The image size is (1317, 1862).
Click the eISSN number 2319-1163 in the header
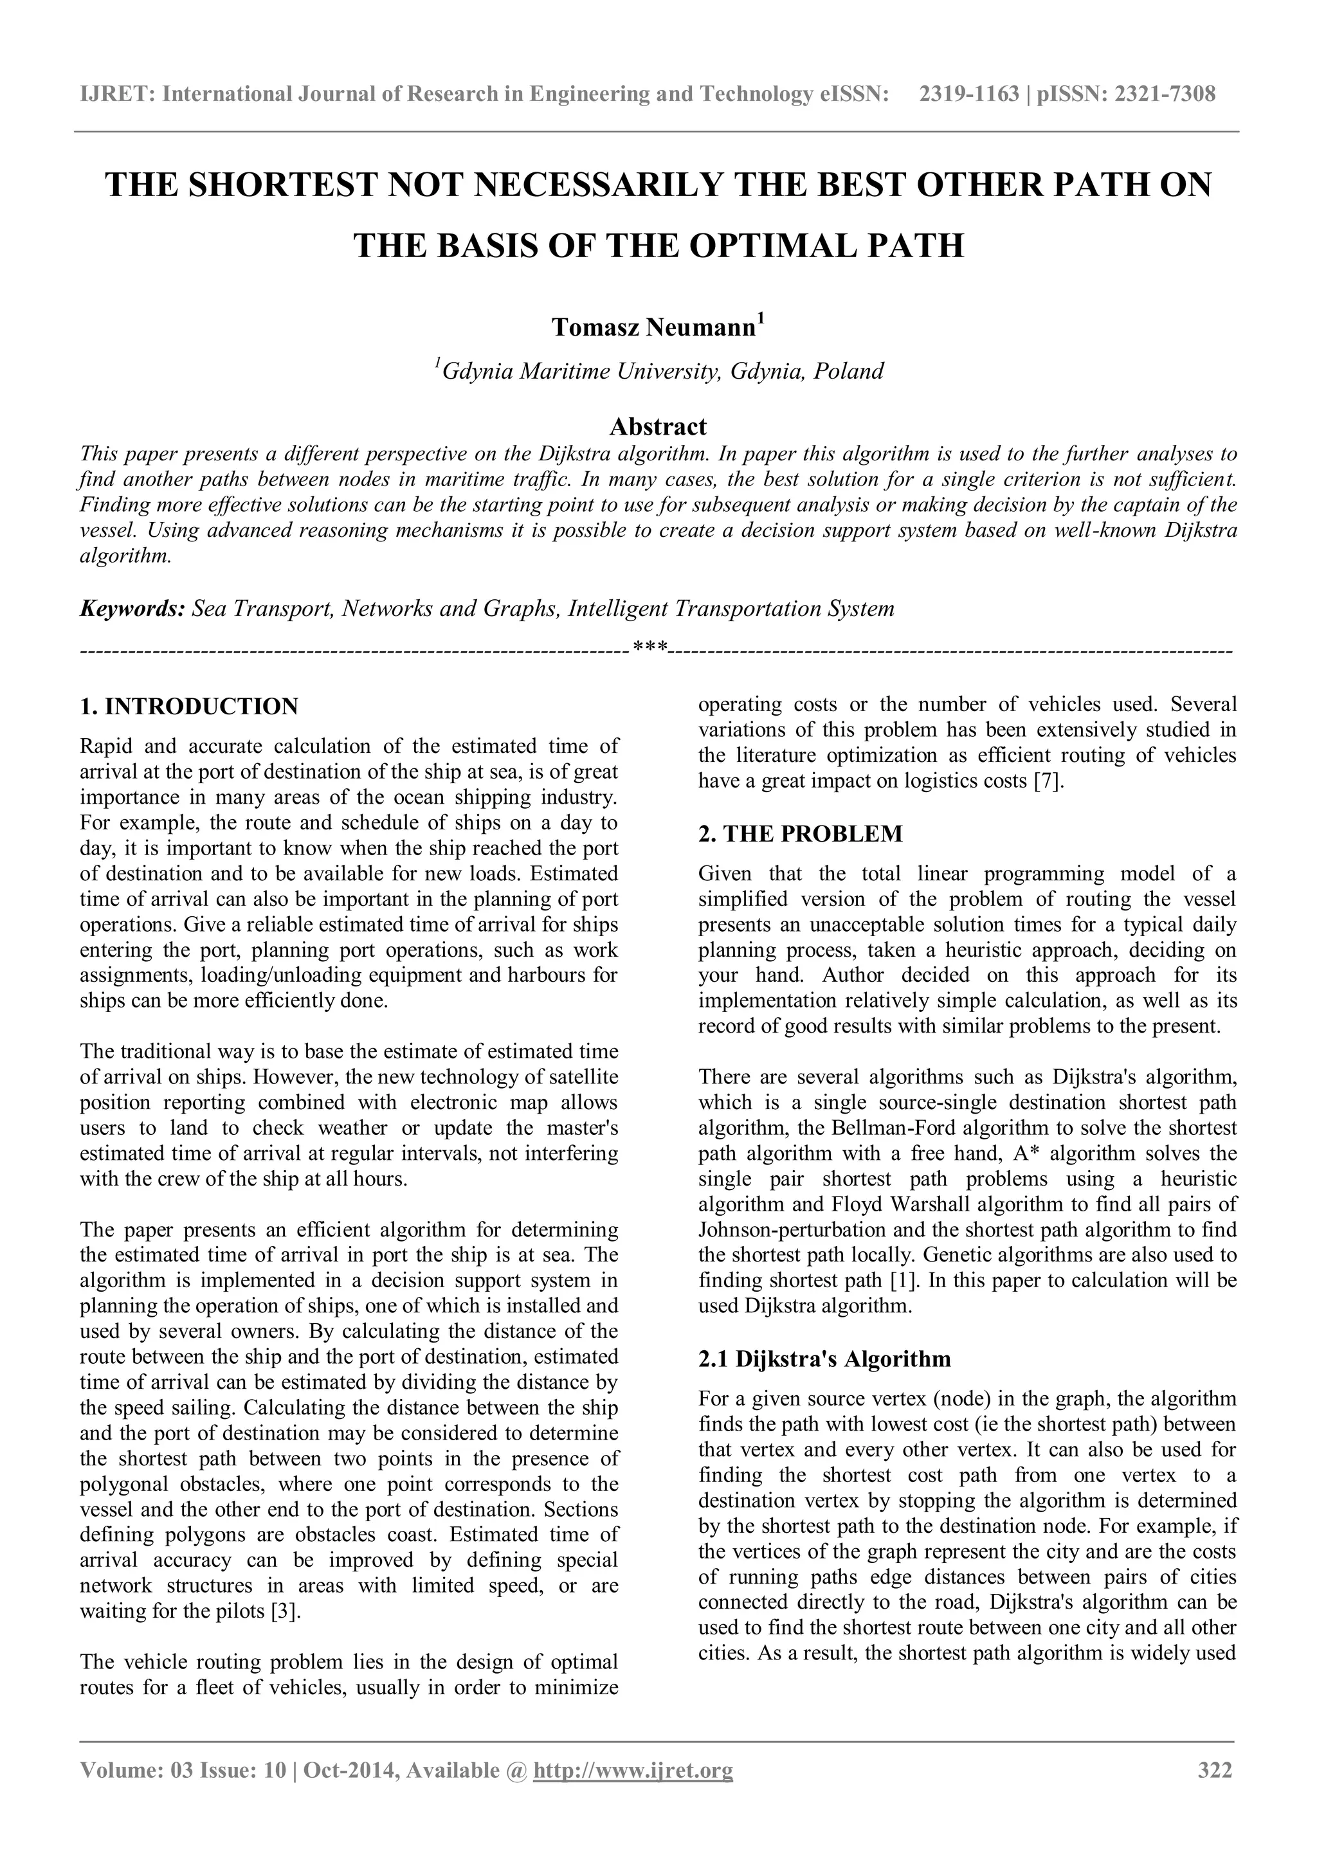968,95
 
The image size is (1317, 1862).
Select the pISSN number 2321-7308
1165,95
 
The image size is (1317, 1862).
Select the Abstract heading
658,426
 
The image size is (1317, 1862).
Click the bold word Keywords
132,608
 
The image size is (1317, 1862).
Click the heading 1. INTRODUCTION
189,707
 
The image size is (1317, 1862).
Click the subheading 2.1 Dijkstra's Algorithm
824,1359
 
